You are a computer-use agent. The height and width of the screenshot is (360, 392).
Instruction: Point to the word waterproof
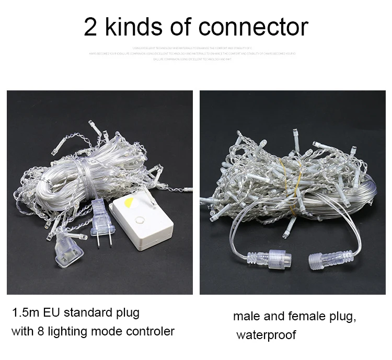(267, 335)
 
